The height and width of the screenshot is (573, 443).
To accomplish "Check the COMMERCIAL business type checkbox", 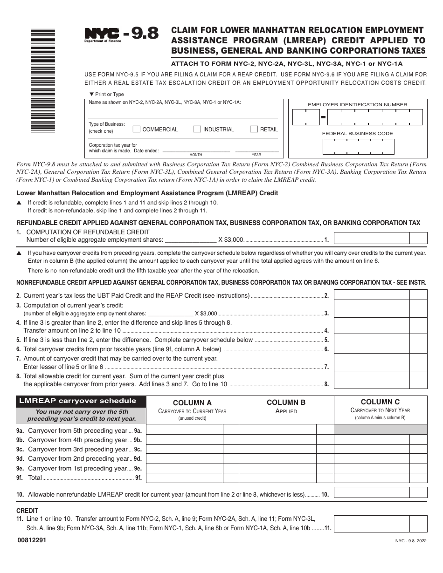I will [x=137, y=129].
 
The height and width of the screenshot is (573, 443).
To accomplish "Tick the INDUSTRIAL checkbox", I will [x=197, y=129].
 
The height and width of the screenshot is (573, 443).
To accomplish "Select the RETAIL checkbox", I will [x=254, y=129].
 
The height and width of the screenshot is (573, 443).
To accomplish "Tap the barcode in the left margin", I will [x=43, y=82].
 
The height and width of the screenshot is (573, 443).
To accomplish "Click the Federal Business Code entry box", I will [x=358, y=147].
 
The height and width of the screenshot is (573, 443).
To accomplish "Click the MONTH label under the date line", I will [x=196, y=155].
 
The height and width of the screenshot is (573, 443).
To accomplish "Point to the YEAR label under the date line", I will [x=256, y=155].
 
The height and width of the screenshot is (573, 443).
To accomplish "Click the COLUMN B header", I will [x=286, y=402].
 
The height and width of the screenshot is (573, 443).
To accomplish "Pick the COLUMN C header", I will [x=380, y=402].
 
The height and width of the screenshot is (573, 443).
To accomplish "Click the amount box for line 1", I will [x=372, y=238].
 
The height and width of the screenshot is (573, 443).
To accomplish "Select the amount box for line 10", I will [x=372, y=492].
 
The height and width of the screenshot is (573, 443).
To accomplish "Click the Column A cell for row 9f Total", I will [x=185, y=477].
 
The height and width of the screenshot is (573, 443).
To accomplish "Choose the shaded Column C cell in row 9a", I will [x=381, y=430].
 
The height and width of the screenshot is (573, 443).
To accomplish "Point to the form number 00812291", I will [x=31, y=540].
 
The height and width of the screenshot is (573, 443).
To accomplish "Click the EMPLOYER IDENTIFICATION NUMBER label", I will [x=357, y=105].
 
